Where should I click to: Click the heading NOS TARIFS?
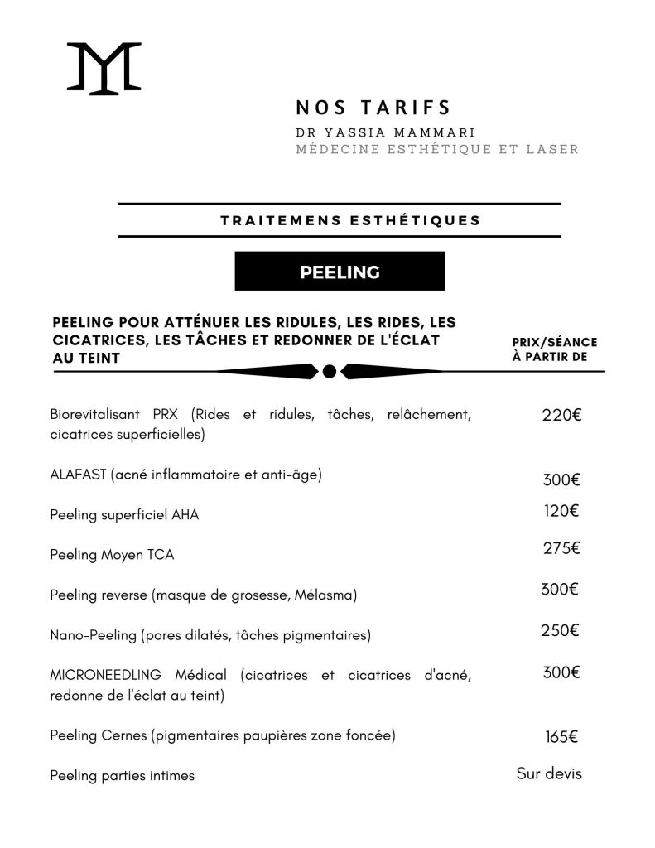coord(373,108)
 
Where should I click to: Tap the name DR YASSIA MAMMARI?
coord(384,132)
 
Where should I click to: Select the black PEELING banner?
coord(340,272)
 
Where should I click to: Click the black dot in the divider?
coord(329,371)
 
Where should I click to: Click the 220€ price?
coord(561,415)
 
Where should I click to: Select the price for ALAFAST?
coord(561,480)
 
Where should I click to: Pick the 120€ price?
coord(561,511)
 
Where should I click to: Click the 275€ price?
coord(561,547)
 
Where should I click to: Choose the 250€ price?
coord(560,630)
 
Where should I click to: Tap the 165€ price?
coord(561,735)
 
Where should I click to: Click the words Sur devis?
coord(549,773)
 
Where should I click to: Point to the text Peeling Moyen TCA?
coord(112,555)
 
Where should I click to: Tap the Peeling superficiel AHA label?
coord(124,514)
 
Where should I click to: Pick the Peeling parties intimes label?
coord(122,776)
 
